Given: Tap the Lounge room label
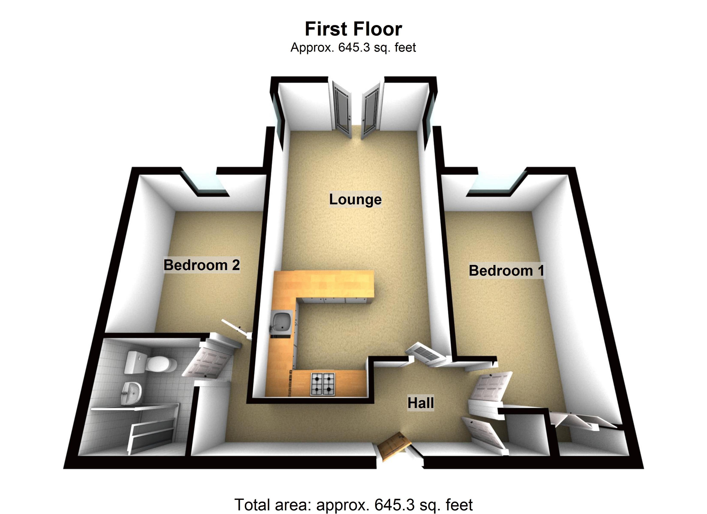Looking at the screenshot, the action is (355, 199).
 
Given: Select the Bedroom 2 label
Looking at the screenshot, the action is (202, 265).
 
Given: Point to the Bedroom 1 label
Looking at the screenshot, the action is (506, 270).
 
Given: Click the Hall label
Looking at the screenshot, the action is (421, 403).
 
